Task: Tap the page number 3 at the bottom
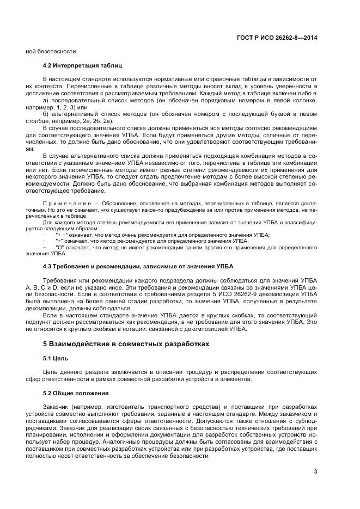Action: (x=315, y=471)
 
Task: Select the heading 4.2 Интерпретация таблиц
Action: (x=78, y=65)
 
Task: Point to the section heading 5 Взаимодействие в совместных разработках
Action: (x=126, y=344)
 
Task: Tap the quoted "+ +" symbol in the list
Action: (x=62, y=234)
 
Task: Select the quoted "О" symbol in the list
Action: (x=61, y=247)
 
